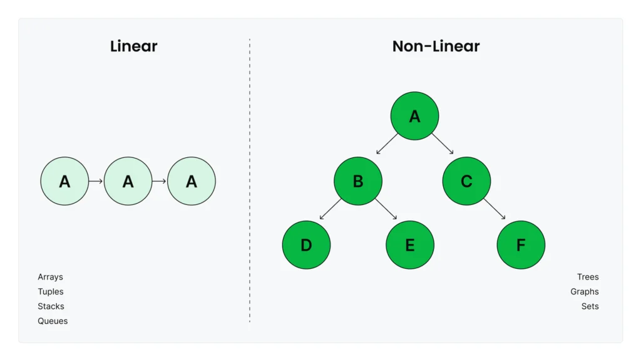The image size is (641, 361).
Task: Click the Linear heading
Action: click(x=133, y=46)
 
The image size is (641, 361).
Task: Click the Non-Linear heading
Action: click(x=436, y=46)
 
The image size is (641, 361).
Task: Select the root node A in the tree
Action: click(x=414, y=116)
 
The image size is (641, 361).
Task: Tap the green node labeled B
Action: click(x=358, y=181)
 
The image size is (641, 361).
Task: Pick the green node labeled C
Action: click(x=466, y=181)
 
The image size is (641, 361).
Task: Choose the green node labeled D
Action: click(x=306, y=244)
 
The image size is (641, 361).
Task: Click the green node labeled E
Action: click(x=410, y=244)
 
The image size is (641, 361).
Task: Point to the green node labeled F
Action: click(x=521, y=244)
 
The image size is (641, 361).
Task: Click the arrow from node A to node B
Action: click(x=387, y=144)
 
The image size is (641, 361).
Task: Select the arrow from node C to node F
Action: click(x=495, y=209)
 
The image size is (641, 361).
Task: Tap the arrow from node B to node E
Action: click(x=386, y=209)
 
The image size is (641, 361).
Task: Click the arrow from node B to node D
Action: click(x=331, y=209)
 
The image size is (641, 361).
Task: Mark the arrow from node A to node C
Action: click(x=443, y=144)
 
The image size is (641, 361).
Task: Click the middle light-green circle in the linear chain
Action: click(x=128, y=181)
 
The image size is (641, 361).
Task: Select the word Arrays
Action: click(x=50, y=277)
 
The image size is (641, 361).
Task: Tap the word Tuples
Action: click(x=51, y=291)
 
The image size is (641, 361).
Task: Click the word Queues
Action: click(x=53, y=321)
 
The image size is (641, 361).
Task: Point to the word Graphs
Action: click(x=584, y=291)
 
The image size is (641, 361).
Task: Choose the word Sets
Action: click(x=590, y=306)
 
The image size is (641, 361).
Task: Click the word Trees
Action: click(x=588, y=277)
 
